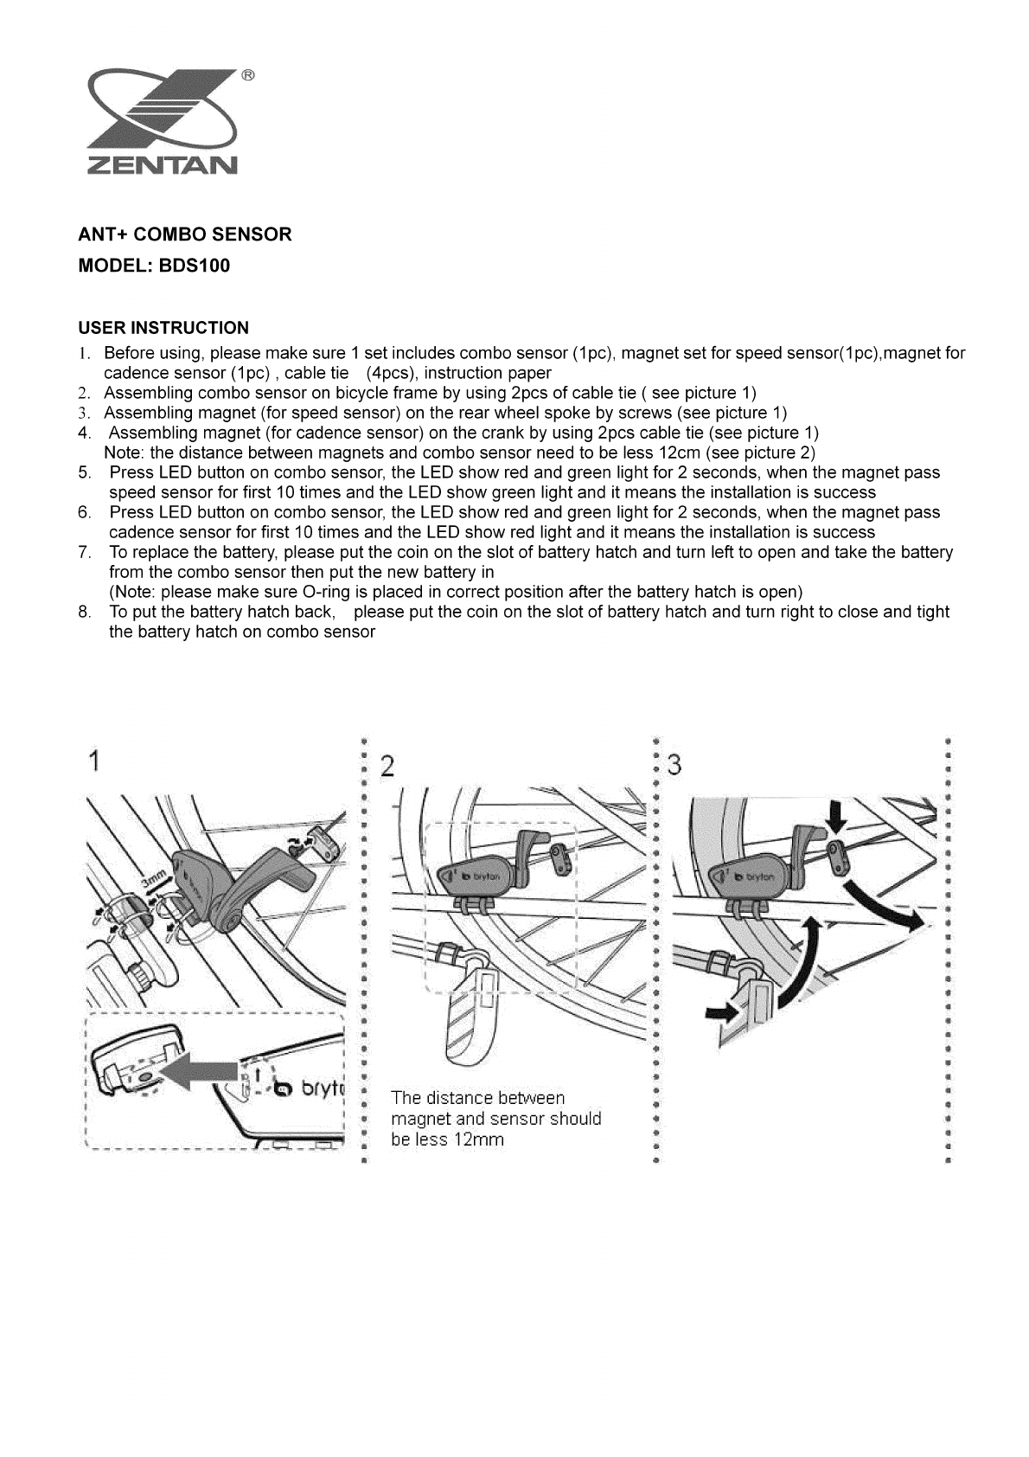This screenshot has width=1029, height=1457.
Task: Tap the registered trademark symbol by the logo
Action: coord(246,75)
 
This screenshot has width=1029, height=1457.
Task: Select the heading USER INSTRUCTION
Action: coord(163,328)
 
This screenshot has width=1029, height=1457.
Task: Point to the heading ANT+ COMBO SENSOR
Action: coord(185,234)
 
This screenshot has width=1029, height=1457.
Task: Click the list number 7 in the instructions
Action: coord(84,553)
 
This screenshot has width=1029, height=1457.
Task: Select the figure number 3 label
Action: coord(674,766)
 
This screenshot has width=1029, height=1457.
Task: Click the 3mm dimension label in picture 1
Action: coord(153,885)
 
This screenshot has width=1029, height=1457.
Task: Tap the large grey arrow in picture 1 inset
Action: coord(201,1074)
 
